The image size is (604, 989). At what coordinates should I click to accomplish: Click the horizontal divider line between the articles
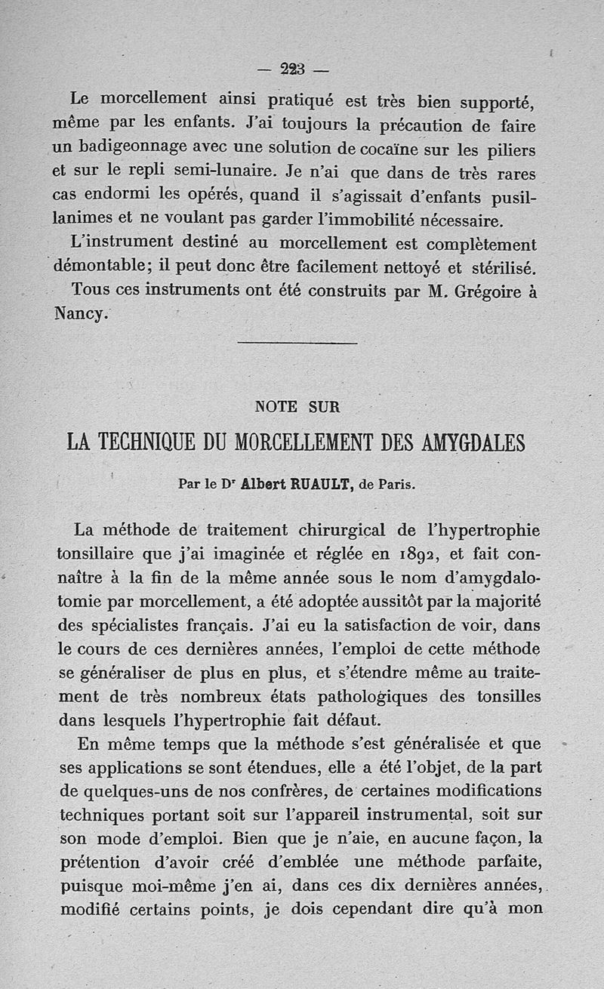[x=297, y=344]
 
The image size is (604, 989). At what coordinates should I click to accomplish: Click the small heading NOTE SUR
[x=297, y=407]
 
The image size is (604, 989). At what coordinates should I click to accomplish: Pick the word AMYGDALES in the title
[x=464, y=442]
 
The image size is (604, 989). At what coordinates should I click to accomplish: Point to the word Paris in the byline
[x=396, y=485]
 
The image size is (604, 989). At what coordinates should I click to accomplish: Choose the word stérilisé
[x=498, y=268]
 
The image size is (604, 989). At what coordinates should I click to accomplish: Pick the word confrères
[x=330, y=791]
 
